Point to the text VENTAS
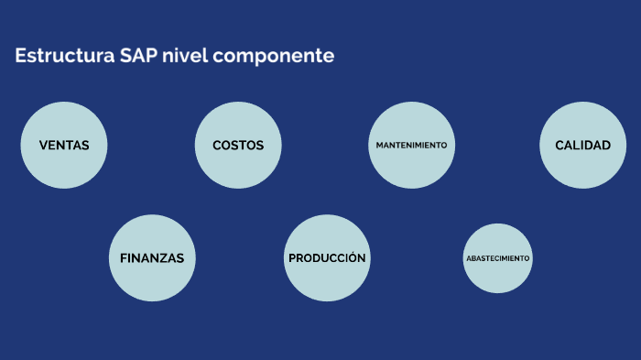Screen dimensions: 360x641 pyautogui.click(x=64, y=146)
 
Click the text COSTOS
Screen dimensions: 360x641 pyautogui.click(x=238, y=146)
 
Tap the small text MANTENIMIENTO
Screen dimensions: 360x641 pyautogui.click(x=411, y=146)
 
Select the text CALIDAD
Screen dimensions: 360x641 pyautogui.click(x=582, y=146)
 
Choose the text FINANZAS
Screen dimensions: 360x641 pyautogui.click(x=152, y=258)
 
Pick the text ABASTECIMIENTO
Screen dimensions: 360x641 pyautogui.click(x=497, y=258)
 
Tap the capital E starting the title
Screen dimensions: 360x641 pyautogui.click(x=20, y=56)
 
